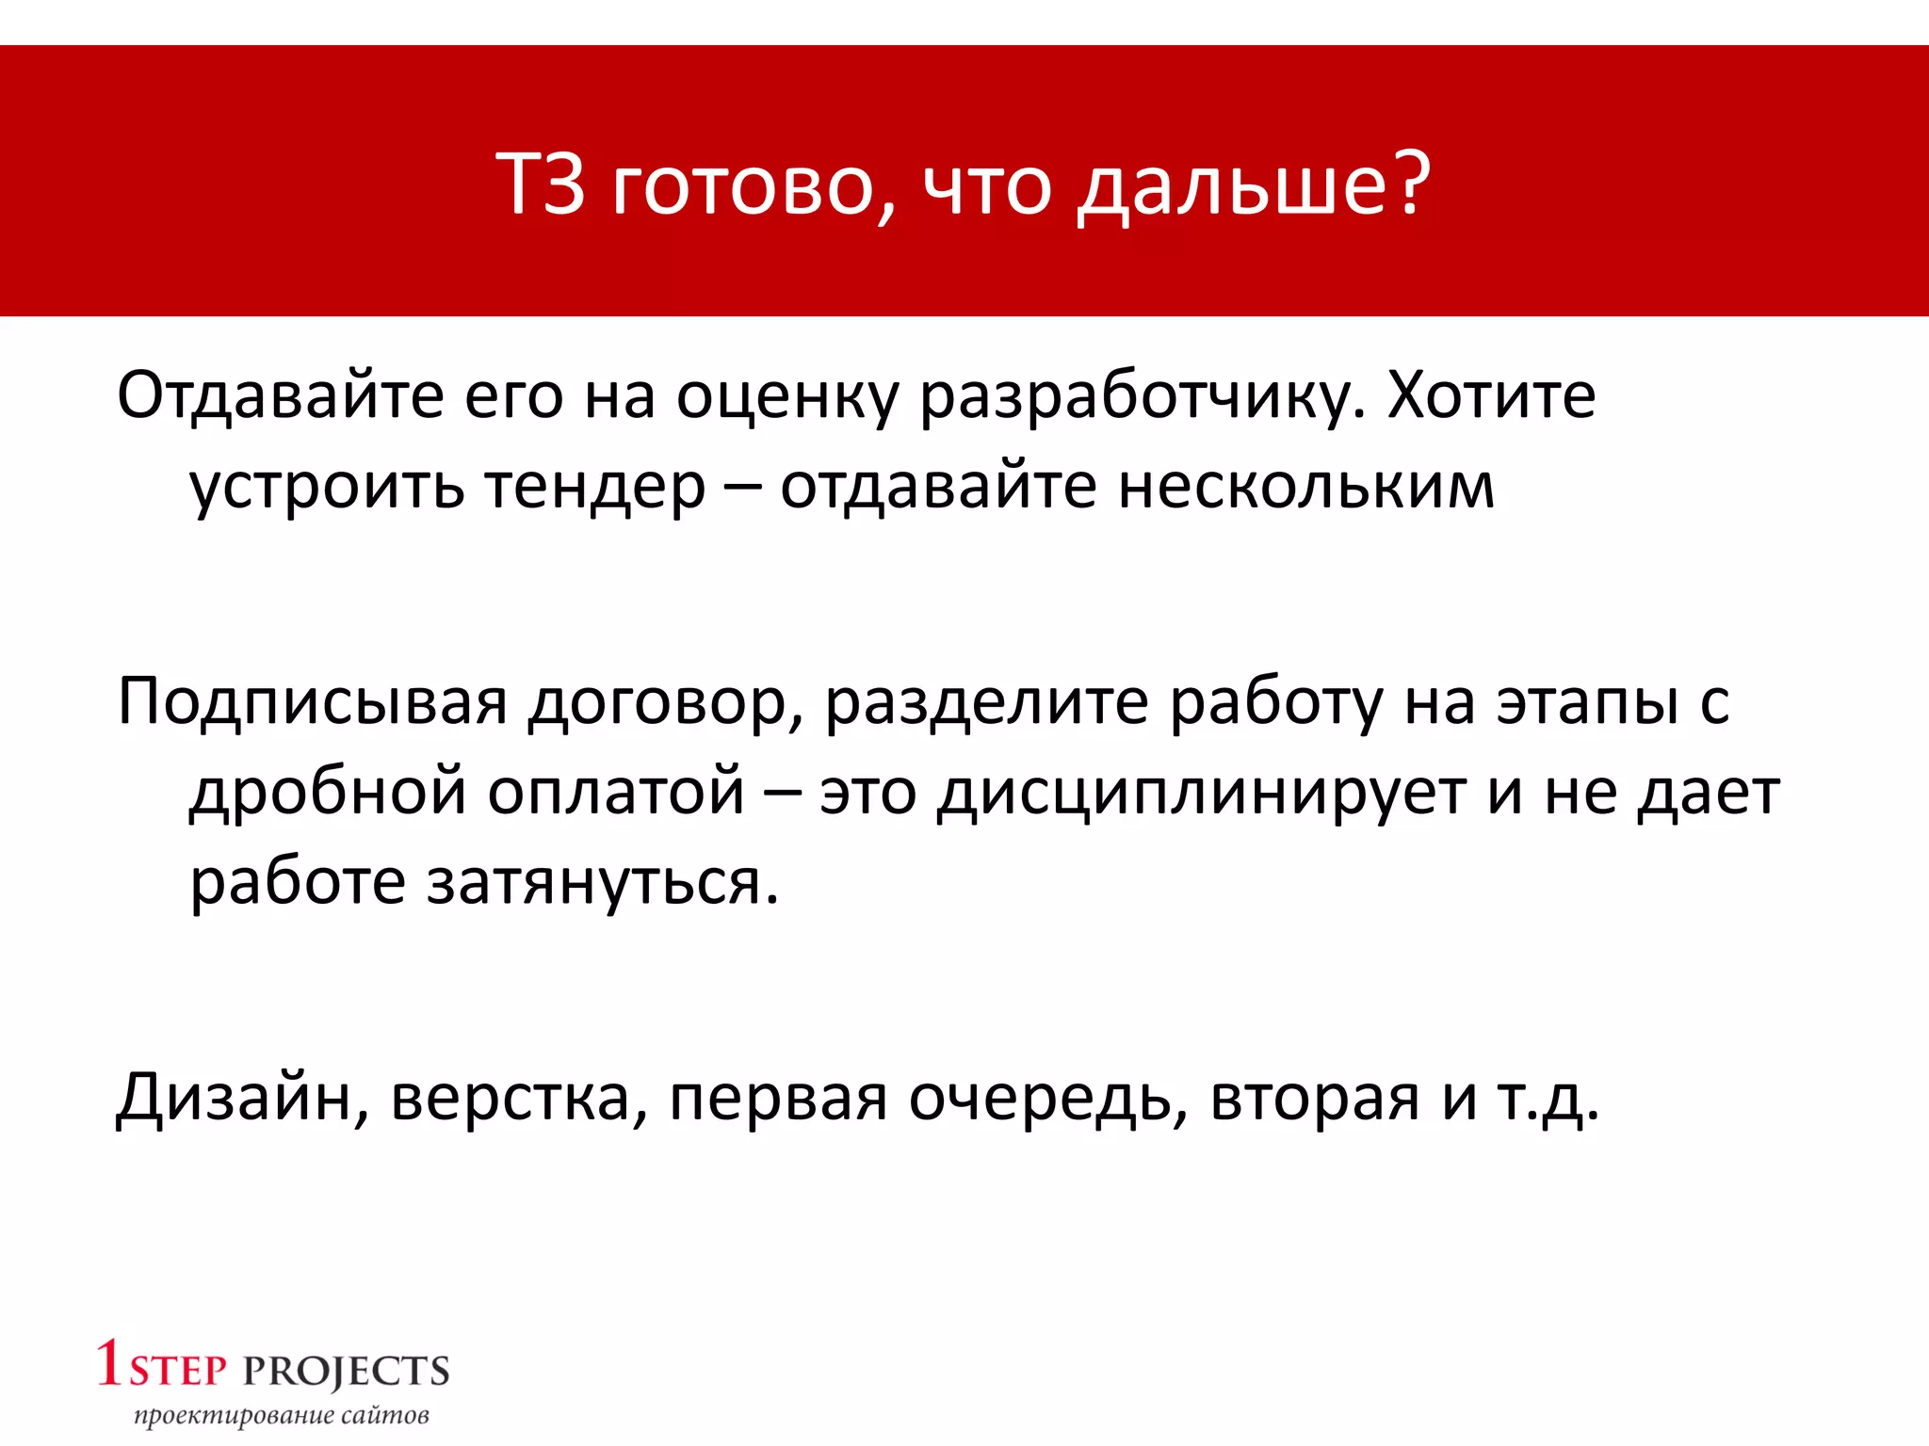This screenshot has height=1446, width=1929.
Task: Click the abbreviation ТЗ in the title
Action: click(541, 184)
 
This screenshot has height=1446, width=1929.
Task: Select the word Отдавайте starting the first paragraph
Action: click(280, 396)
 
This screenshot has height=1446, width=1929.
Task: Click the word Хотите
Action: click(1492, 396)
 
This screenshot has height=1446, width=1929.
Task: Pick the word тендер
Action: click(594, 488)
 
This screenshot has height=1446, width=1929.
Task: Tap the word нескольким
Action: click(1306, 488)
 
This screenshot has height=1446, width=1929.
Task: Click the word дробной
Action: click(328, 793)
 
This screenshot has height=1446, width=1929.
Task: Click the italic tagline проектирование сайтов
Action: click(281, 1415)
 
